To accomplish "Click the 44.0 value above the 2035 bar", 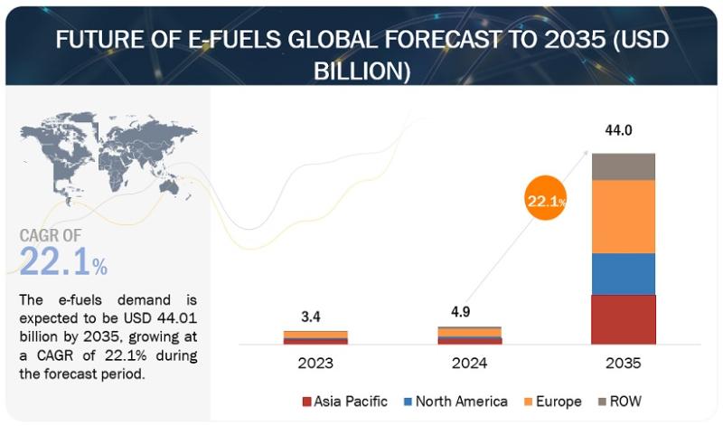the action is coord(618,130).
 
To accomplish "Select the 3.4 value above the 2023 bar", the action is coord(311,317).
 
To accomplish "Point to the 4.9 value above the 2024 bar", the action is coord(461,312).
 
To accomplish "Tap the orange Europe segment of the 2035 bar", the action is coord(624,216).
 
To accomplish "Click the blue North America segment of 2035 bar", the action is coord(624,274).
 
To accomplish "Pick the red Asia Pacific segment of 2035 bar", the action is coord(624,319).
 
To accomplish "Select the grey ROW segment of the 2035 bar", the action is coord(624,166).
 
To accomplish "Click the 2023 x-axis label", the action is coord(315,364).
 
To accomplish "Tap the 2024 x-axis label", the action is coord(469,364).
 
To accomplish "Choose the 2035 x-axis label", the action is coord(624,364).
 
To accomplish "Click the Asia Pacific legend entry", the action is coord(345,402).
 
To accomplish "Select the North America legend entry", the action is coord(455,402).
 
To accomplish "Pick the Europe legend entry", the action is coord(553,402).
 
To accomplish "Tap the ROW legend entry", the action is coord(620,402).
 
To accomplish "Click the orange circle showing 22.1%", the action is coord(546,198).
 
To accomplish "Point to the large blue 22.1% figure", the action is coord(63,261).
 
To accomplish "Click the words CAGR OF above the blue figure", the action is coord(51,236).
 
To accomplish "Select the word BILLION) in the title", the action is coord(362,71).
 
